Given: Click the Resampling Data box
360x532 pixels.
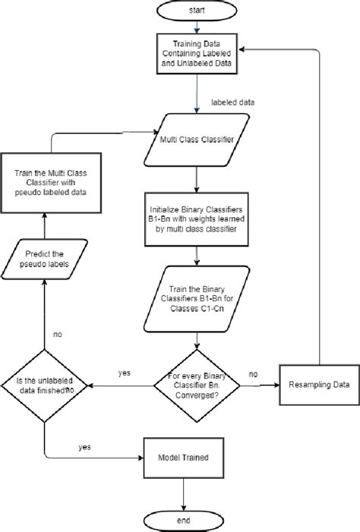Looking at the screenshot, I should coord(319,385).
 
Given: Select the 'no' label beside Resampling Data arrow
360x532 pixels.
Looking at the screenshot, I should coord(253,374).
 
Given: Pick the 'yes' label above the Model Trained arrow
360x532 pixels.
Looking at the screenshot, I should coord(84,447).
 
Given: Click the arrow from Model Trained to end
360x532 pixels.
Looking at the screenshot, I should coord(183,493).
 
